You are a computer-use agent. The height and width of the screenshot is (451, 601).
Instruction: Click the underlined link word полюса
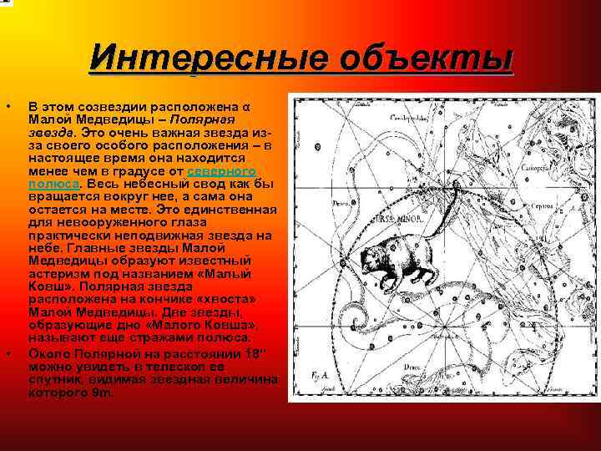(x=53, y=182)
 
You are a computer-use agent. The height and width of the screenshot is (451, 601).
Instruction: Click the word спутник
(x=54, y=380)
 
